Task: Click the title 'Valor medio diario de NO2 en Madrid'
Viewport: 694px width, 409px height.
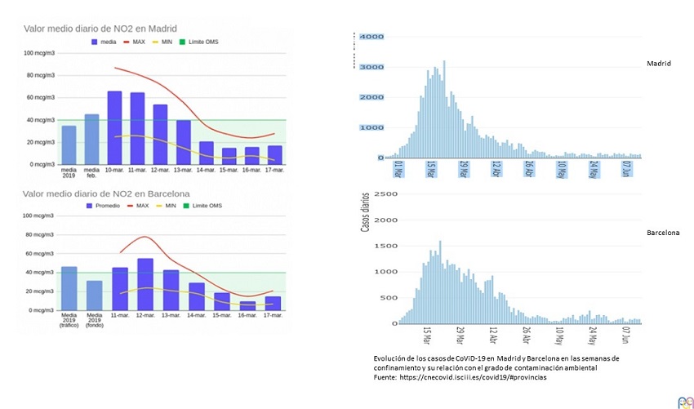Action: coord(101,28)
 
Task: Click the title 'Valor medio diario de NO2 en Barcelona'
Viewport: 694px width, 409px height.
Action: coord(107,193)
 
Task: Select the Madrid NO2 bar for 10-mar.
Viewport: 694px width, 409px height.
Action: coord(114,127)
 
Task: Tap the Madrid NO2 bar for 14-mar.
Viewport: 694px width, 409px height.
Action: coord(206,153)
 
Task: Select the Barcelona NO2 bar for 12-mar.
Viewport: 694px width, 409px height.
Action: coord(145,284)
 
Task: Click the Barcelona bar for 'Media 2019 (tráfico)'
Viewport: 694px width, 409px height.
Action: coord(69,288)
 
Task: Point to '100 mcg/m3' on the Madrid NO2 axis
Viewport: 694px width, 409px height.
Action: coord(39,54)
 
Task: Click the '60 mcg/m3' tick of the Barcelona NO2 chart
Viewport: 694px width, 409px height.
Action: coord(39,254)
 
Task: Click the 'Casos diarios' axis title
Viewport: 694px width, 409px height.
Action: coord(365,213)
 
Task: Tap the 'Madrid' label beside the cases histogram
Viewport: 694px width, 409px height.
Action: coord(658,64)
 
